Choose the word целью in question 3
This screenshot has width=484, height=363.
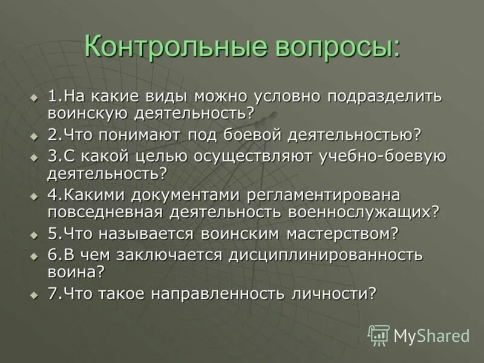pyautogui.click(x=159, y=157)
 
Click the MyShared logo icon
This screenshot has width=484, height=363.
pyautogui.click(x=379, y=335)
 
